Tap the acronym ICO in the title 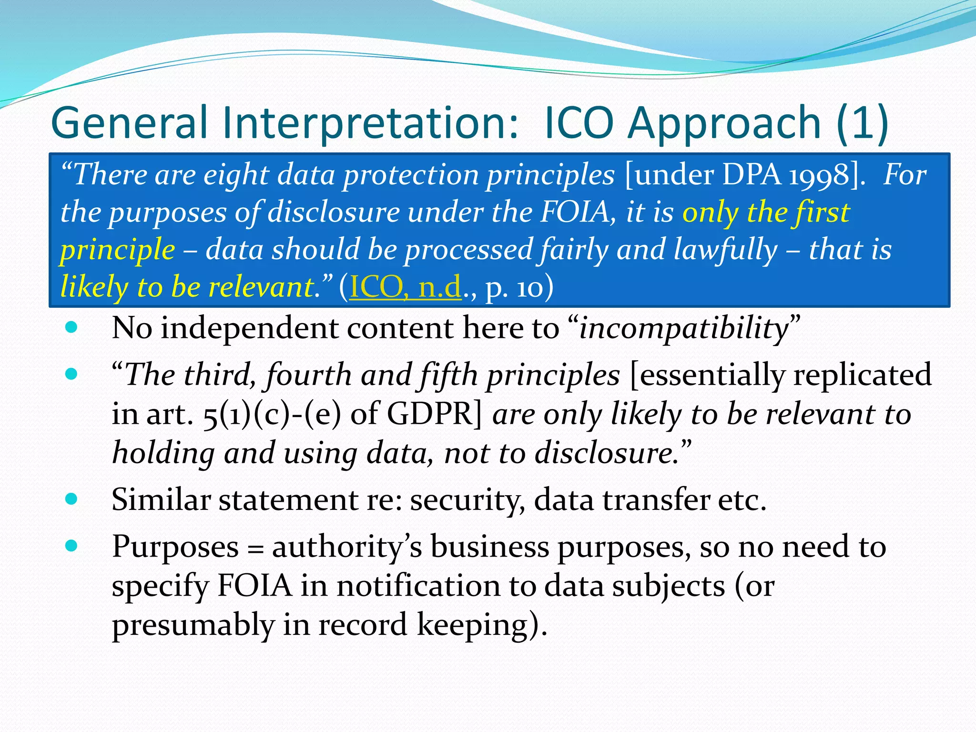coord(578,123)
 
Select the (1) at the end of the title coord(863,123)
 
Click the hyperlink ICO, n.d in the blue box coord(406,287)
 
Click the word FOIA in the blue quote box coord(574,212)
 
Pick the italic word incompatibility coord(684,328)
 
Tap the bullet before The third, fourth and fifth coord(71,374)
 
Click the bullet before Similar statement coord(71,499)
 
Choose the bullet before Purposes coord(71,546)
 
